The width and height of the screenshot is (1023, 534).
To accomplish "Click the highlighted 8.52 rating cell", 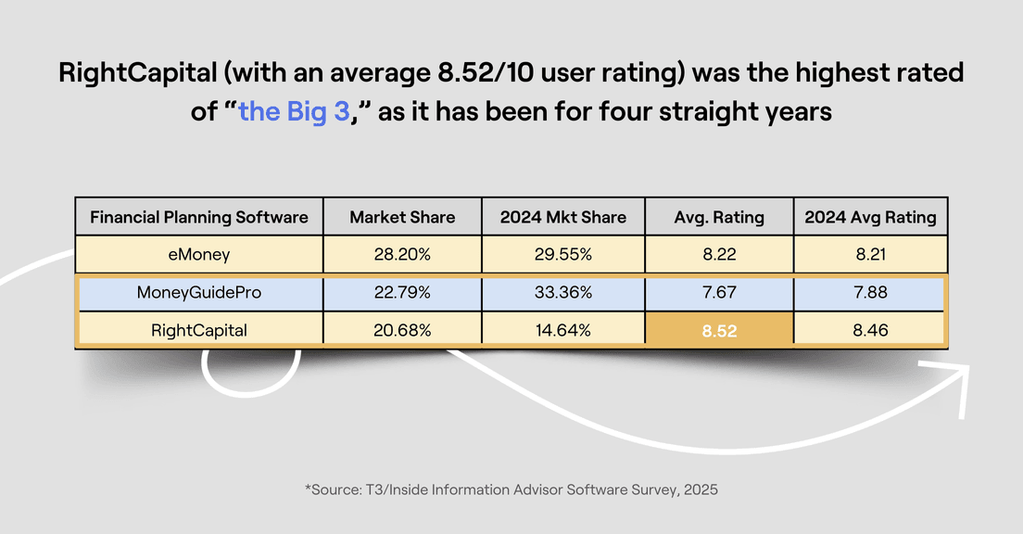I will pyautogui.click(x=719, y=330).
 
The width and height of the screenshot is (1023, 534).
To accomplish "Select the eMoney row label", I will pyautogui.click(x=199, y=255).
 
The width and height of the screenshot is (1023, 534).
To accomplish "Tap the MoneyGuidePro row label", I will pyautogui.click(x=199, y=293).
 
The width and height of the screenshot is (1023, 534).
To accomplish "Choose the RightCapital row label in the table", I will pyautogui.click(x=199, y=330).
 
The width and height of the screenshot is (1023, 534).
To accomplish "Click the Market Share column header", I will pyautogui.click(x=402, y=217).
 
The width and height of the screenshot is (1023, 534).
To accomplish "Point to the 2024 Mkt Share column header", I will pyautogui.click(x=563, y=217).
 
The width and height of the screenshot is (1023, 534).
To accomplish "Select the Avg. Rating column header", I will pyautogui.click(x=719, y=217).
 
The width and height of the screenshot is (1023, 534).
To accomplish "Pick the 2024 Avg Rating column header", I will pyautogui.click(x=870, y=217).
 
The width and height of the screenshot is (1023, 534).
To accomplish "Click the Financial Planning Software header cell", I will pyautogui.click(x=199, y=217).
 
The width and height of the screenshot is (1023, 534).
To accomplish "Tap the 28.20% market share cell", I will pyautogui.click(x=402, y=255).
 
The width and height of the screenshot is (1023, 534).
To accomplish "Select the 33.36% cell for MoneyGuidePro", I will pyautogui.click(x=563, y=293).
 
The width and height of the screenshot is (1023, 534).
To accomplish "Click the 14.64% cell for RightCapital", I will pyautogui.click(x=563, y=330).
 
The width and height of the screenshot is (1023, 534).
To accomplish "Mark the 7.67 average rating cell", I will pyautogui.click(x=719, y=293).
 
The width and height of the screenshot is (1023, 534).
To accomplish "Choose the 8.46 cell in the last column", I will pyautogui.click(x=870, y=330).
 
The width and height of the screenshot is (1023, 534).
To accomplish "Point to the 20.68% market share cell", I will pyautogui.click(x=402, y=330).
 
